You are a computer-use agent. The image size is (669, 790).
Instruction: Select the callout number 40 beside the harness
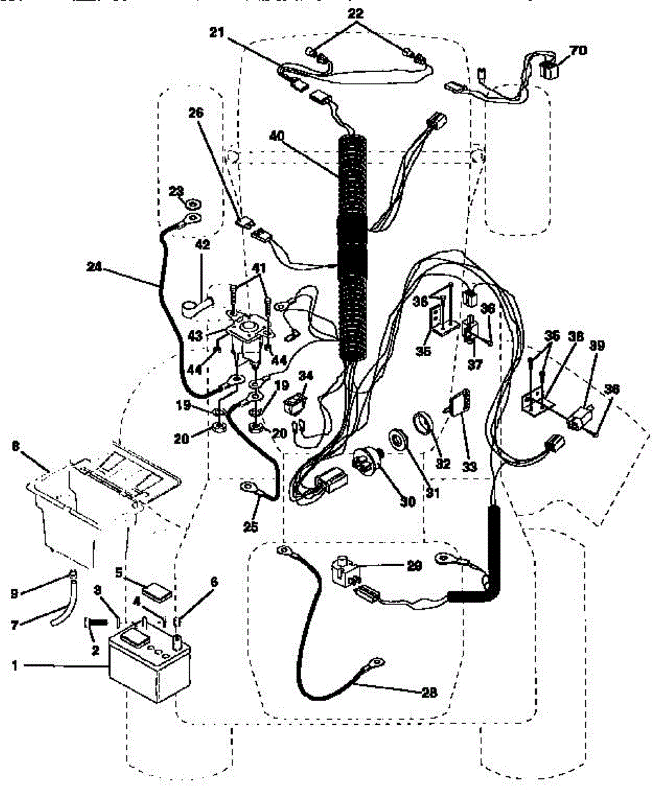click(x=277, y=136)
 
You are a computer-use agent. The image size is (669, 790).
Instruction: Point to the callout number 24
click(x=95, y=267)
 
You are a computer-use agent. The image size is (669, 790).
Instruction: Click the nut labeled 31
click(x=399, y=438)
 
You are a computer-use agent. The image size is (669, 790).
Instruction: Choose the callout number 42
click(x=202, y=244)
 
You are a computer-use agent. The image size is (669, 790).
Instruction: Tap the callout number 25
click(x=250, y=527)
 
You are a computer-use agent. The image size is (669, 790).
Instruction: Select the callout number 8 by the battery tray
click(x=15, y=446)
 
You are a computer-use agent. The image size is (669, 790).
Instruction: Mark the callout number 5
click(x=119, y=573)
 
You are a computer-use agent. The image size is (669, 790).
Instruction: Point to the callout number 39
click(x=597, y=345)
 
